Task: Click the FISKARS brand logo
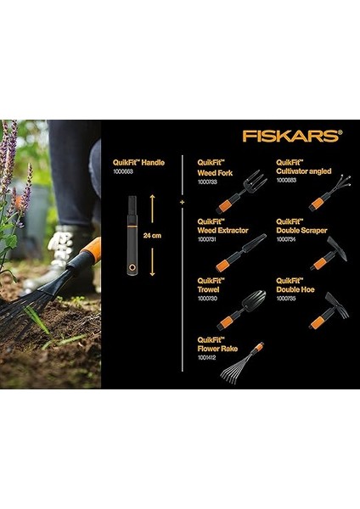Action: [x=291, y=135]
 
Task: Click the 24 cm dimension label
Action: [x=154, y=234]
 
